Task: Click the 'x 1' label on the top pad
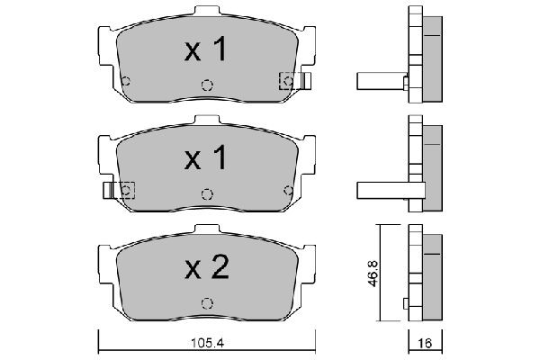coord(205,52)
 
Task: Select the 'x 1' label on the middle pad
coord(205,159)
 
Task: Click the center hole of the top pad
coord(206,86)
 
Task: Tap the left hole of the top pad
coord(126,82)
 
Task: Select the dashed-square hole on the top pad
coord(288,82)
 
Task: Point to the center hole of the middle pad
coord(207,193)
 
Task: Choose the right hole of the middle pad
coord(288,190)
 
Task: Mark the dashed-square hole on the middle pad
coord(126,190)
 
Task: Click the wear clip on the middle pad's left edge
coord(109,190)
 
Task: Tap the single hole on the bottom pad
coord(207,301)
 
